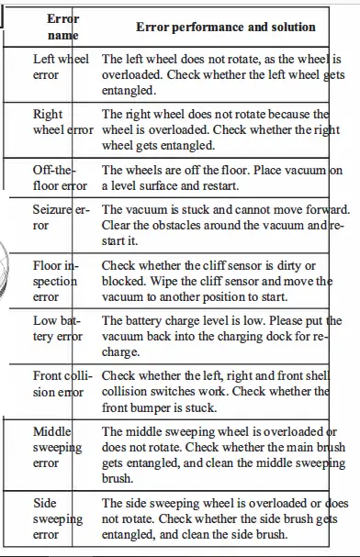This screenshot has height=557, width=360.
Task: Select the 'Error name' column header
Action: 62,27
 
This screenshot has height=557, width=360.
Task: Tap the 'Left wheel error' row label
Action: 62,67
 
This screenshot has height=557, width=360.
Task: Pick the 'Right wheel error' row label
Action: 62,123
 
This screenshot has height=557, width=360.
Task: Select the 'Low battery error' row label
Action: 58,329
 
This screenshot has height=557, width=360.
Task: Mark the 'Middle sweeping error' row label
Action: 58,447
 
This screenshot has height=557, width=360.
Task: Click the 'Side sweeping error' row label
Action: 57,518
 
